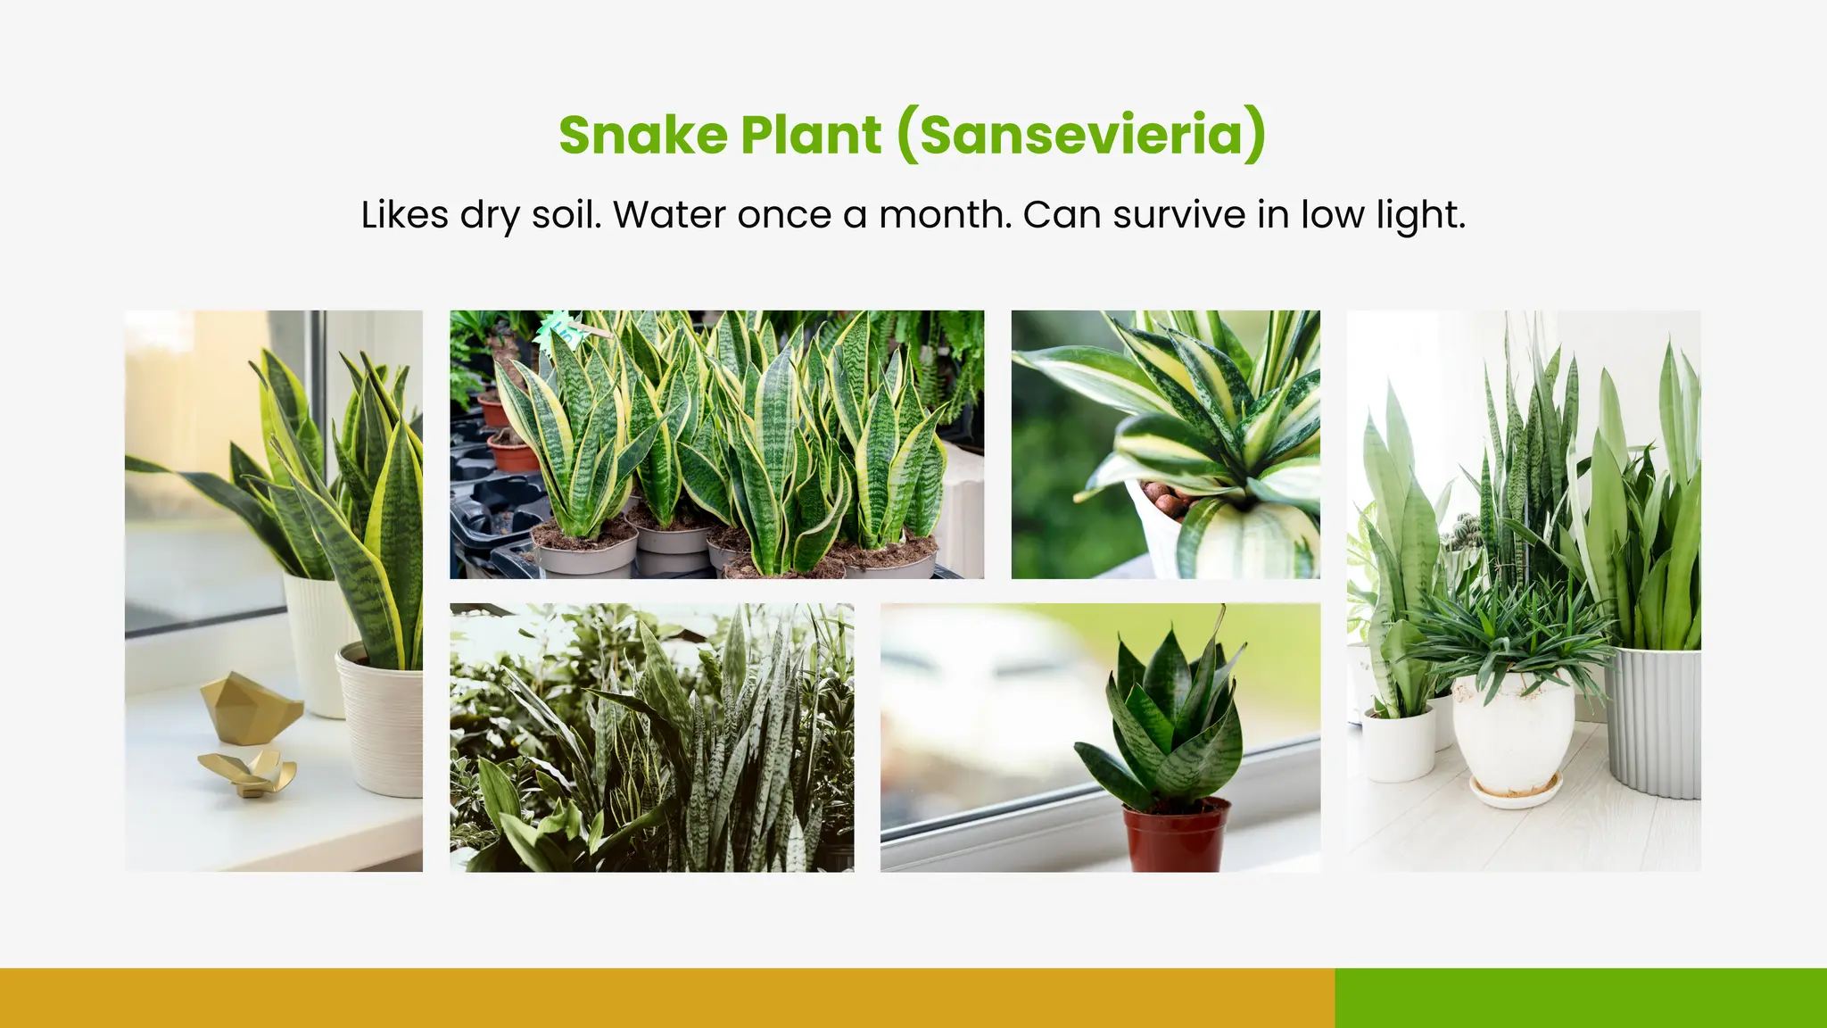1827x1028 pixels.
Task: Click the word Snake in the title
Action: point(642,135)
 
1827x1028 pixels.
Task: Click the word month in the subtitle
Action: point(945,215)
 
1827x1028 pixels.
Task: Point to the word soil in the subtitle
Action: point(566,215)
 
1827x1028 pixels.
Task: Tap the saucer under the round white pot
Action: point(1516,793)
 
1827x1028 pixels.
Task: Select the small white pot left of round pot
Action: point(1398,744)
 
